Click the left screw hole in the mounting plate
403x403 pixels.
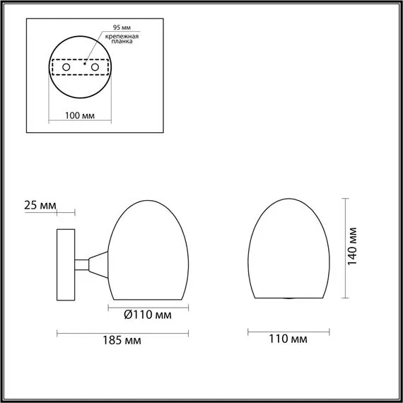[x=67, y=67]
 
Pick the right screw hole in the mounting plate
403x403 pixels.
[x=92, y=67]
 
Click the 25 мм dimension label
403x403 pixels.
[x=40, y=206]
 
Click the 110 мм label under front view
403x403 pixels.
[x=289, y=340]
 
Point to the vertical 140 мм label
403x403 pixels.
[x=354, y=245]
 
